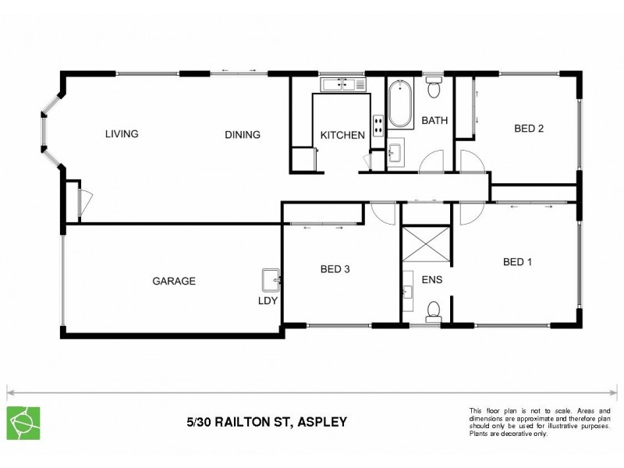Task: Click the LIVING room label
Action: click(122, 134)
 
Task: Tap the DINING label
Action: click(243, 135)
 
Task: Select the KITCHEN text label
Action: click(342, 136)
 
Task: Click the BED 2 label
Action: click(528, 129)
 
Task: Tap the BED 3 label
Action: click(335, 270)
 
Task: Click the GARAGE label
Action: click(173, 281)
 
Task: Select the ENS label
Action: click(432, 278)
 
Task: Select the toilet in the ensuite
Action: click(434, 311)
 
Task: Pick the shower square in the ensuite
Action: click(426, 245)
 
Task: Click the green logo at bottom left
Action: click(23, 422)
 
